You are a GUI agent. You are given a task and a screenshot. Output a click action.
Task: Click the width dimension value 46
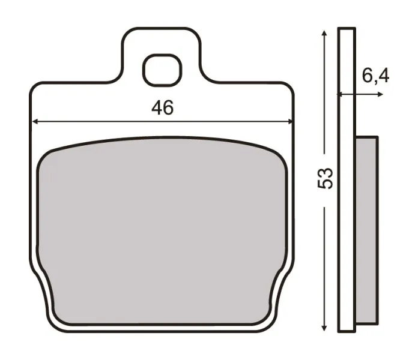[x=162, y=108]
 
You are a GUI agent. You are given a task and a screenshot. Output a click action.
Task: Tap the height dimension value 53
[x=325, y=178]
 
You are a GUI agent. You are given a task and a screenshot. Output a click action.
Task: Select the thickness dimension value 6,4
[x=376, y=76]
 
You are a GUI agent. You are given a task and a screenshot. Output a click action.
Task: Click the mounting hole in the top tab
[x=162, y=69]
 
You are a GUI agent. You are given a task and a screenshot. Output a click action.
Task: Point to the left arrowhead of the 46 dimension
[x=35, y=121]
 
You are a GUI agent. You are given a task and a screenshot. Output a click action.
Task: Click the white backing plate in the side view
[x=346, y=180]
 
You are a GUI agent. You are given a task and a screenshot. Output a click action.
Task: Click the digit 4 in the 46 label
[x=157, y=108]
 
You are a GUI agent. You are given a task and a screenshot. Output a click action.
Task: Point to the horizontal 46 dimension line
[x=90, y=121]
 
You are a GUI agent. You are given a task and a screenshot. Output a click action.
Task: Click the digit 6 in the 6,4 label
[x=368, y=76]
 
